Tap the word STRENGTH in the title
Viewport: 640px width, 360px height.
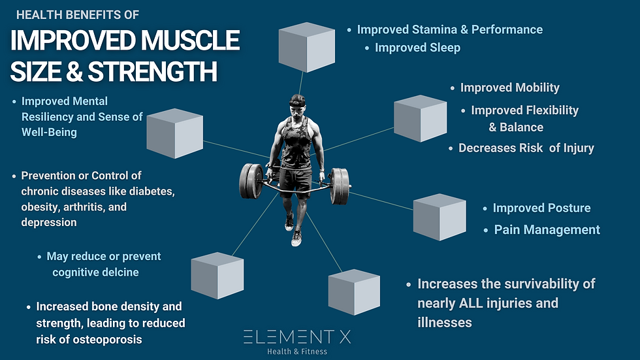pos(153,71)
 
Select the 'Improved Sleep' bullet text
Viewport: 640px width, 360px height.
pos(417,48)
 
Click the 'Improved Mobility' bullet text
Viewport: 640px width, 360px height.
pos(509,88)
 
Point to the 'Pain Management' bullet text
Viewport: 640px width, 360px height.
pos(547,229)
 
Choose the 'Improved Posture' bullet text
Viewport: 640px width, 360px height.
pos(541,208)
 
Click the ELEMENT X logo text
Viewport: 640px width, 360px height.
pos(298,337)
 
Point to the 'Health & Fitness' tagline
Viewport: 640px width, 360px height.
pos(297,352)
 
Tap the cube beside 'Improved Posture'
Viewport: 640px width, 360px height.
pos(439,217)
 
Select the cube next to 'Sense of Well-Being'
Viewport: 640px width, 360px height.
pos(174,133)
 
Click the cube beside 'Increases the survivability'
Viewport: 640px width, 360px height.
pos(353,292)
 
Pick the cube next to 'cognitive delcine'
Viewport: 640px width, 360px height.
pos(217,275)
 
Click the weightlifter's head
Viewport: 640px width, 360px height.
pos(298,108)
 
